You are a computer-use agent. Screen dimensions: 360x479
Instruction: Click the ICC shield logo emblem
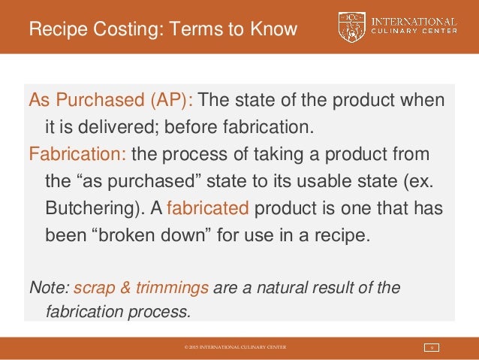click(x=351, y=27)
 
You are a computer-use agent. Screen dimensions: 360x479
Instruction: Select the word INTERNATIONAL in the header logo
click(x=414, y=22)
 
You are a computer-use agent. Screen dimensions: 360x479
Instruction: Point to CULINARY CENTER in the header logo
click(x=414, y=35)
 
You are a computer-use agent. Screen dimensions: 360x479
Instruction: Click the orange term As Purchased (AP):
click(x=110, y=101)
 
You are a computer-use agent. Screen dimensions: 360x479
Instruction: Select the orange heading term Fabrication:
click(x=78, y=155)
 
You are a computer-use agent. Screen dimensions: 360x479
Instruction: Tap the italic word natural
click(x=291, y=288)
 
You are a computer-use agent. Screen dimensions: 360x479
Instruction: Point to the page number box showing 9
click(x=432, y=347)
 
